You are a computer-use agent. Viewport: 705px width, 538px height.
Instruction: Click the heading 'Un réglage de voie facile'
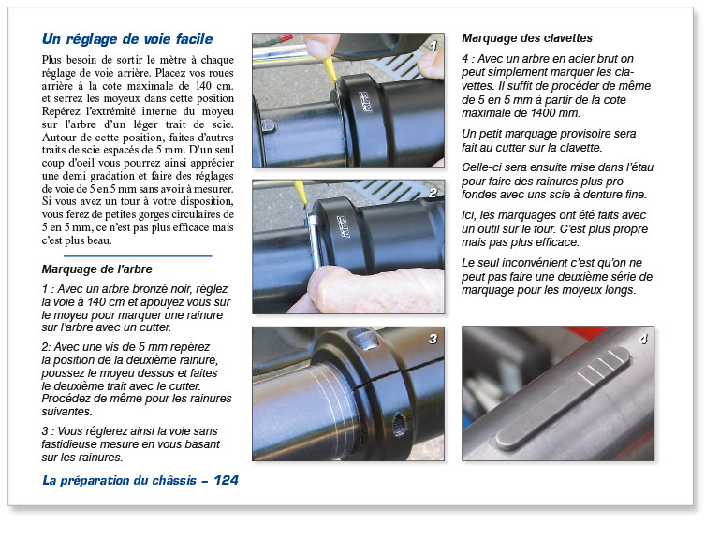tap(127, 39)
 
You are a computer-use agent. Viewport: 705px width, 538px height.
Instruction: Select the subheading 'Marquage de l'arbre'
tap(97, 270)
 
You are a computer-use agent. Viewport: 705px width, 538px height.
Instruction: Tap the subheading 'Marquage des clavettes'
tap(527, 38)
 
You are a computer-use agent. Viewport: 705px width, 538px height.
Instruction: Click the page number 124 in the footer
tap(226, 480)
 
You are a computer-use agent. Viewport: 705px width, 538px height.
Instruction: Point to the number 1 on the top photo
tap(433, 45)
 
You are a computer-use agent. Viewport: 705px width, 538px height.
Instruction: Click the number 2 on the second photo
tap(433, 194)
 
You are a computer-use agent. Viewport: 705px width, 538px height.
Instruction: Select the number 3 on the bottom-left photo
tap(433, 339)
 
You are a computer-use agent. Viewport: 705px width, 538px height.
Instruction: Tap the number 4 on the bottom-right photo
tap(642, 339)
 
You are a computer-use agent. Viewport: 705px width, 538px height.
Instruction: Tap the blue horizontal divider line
tap(138, 255)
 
